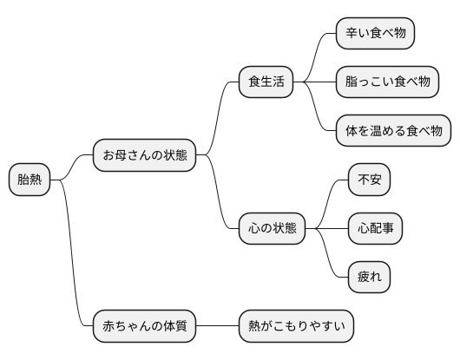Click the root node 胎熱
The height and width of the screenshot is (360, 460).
click(x=30, y=180)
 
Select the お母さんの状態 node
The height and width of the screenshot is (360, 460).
click(x=145, y=155)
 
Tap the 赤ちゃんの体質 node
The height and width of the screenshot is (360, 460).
click(x=145, y=327)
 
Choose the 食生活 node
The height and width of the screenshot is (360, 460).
click(x=266, y=82)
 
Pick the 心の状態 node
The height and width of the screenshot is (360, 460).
click(x=273, y=228)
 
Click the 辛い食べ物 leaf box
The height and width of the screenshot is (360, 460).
click(x=375, y=34)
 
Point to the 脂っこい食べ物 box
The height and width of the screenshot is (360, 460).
click(x=388, y=82)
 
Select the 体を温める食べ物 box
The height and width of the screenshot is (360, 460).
click(x=394, y=131)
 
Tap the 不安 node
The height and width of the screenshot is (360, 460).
click(x=369, y=180)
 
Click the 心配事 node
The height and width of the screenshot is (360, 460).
click(x=375, y=228)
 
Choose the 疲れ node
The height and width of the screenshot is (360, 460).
click(x=369, y=277)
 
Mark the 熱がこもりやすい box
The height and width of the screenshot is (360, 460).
click(x=297, y=327)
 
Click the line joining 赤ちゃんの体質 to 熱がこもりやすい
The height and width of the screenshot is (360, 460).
click(x=218, y=327)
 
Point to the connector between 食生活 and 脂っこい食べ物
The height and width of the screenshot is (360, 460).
click(x=315, y=82)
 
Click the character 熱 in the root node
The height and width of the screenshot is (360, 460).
click(x=36, y=180)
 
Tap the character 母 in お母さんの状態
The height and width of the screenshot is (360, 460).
click(x=121, y=155)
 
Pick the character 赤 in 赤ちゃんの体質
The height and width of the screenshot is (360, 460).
click(x=108, y=327)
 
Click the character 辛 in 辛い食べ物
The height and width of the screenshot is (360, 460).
click(x=352, y=34)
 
